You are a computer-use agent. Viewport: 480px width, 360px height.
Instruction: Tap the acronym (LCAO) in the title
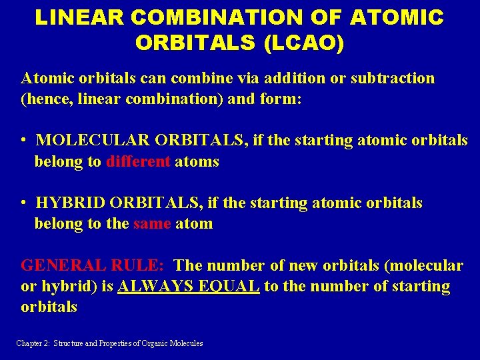point(304,42)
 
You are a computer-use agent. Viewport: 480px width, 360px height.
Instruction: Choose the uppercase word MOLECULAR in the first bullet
point(93,141)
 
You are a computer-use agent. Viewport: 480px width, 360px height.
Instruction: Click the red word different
point(138,161)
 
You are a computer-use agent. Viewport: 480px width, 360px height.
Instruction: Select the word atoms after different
point(197,161)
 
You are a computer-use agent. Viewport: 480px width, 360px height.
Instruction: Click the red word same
point(152,223)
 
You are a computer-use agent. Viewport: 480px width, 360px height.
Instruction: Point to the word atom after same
point(194,223)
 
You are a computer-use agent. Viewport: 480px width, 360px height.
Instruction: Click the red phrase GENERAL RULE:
point(93,265)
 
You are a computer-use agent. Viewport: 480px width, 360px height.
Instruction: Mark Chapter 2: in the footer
point(34,343)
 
